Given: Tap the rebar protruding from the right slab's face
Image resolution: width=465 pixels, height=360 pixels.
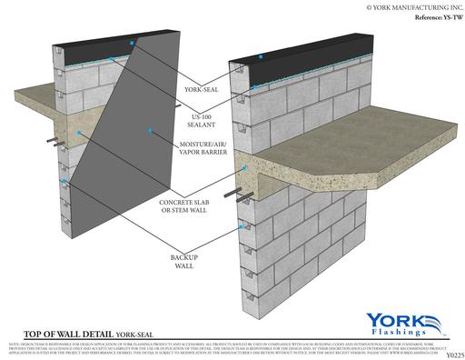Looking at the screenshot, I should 245,193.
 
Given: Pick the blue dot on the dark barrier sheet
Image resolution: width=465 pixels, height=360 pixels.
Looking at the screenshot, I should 80,133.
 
